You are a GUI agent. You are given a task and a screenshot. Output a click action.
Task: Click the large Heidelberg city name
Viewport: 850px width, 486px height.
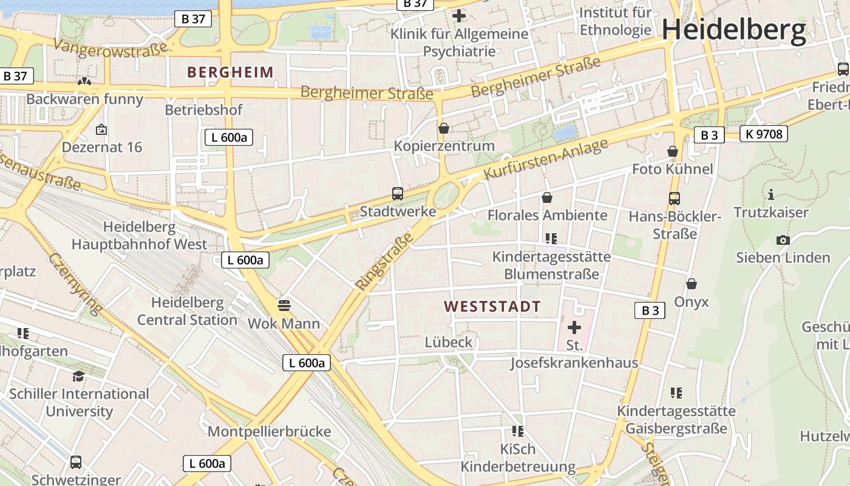pos(733,30)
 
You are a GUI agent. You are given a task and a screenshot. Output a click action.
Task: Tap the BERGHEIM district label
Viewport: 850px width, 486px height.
pos(231,72)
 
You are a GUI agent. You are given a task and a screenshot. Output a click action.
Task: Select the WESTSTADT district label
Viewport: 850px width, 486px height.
pos(492,306)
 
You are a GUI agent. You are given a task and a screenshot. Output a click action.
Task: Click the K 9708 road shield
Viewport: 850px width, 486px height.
pos(763,134)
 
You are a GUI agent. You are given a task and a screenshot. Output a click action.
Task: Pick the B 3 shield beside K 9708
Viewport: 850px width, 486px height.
pos(709,135)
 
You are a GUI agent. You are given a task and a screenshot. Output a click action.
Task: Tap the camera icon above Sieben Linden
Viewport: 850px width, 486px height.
pos(783,240)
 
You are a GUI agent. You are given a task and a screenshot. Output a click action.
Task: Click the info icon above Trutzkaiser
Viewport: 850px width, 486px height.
pos(771,195)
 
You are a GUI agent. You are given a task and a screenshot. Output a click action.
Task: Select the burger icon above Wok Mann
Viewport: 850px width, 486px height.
pos(284,304)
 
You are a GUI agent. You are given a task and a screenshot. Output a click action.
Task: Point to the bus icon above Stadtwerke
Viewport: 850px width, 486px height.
pos(398,194)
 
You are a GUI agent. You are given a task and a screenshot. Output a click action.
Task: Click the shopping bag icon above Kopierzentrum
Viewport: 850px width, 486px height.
pos(444,128)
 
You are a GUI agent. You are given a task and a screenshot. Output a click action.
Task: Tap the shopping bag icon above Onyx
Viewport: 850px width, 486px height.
pos(691,284)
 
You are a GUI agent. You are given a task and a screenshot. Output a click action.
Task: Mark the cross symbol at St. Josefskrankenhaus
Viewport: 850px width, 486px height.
pos(574,328)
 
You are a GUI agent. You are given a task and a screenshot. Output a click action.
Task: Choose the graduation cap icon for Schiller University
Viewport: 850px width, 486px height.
pos(78,376)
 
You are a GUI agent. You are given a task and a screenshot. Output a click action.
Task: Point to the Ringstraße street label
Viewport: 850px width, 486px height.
pos(384,261)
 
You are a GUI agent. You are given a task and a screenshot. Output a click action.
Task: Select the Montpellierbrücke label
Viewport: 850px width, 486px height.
pos(269,432)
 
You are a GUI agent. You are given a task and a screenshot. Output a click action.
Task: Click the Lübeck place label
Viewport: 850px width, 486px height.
pos(449,342)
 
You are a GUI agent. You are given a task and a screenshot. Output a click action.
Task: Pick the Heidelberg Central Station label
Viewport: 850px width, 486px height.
pos(187,311)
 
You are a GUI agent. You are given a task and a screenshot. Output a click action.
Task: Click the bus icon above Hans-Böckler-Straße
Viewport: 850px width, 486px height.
pos(674,198)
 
